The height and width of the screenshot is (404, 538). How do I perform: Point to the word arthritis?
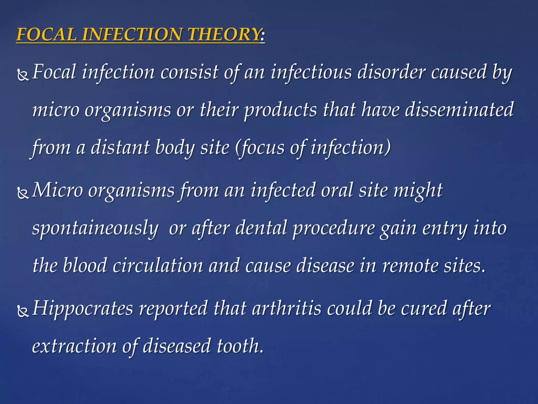287,308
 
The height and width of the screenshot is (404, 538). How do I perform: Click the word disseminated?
459,109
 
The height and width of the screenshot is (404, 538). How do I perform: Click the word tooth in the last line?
240,346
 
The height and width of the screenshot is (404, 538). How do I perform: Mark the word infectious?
311,72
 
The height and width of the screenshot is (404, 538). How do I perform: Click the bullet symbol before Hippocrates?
23,311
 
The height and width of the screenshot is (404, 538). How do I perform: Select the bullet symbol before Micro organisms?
23,193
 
